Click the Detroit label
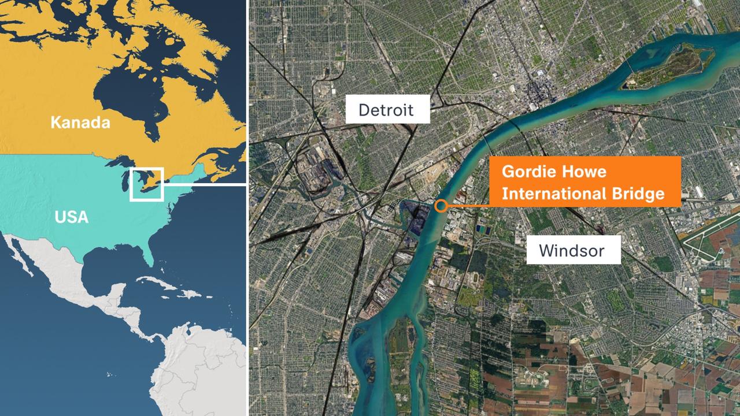(x=387, y=109)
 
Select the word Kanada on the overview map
(x=80, y=122)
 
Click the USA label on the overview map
(x=71, y=217)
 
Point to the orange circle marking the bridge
(x=441, y=206)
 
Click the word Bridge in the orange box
(x=638, y=194)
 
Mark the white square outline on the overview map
(x=147, y=184)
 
